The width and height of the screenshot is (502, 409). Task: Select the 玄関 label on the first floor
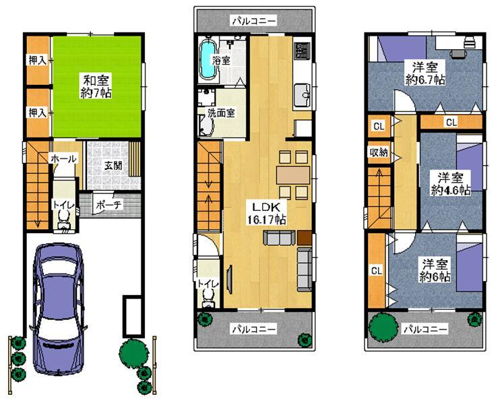tap(113, 166)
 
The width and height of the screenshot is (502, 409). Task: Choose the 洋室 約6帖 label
tap(434, 270)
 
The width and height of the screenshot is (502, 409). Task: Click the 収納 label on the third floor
tap(378, 152)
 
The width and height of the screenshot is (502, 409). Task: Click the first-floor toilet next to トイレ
tap(64, 218)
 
